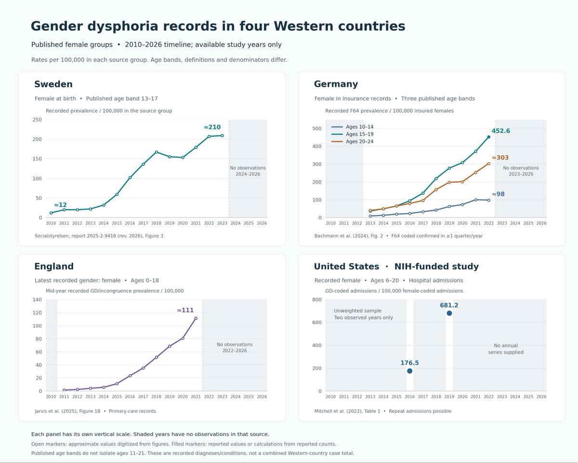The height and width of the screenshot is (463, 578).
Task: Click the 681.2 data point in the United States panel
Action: tap(449, 313)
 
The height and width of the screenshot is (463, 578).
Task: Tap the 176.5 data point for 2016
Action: tap(409, 371)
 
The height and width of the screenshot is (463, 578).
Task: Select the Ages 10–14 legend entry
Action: tap(353, 127)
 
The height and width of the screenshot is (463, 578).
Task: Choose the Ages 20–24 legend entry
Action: tap(353, 141)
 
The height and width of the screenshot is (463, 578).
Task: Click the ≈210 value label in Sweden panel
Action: tap(212, 127)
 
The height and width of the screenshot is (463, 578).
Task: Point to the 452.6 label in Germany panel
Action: tap(500, 131)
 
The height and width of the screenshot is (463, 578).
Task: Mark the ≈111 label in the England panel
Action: tap(185, 311)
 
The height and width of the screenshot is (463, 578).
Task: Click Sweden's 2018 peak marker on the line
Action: tap(157, 152)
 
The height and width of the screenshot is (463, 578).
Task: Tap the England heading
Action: tap(54, 266)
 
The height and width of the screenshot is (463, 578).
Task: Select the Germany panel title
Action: tap(336, 84)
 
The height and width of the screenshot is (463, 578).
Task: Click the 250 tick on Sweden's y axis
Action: tap(37, 120)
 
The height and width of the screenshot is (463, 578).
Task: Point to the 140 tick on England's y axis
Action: tap(37, 300)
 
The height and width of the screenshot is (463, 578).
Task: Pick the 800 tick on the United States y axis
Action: tap(317, 300)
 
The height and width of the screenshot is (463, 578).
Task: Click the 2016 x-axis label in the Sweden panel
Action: tap(130, 223)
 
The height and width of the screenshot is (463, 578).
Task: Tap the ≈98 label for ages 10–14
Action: tap(498, 194)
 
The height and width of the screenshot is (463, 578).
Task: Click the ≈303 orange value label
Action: tap(500, 158)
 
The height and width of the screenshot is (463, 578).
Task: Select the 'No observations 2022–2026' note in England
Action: tap(235, 348)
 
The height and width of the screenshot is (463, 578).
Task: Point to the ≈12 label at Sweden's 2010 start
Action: tap(60, 205)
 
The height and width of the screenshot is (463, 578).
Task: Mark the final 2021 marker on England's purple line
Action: tap(196, 318)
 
